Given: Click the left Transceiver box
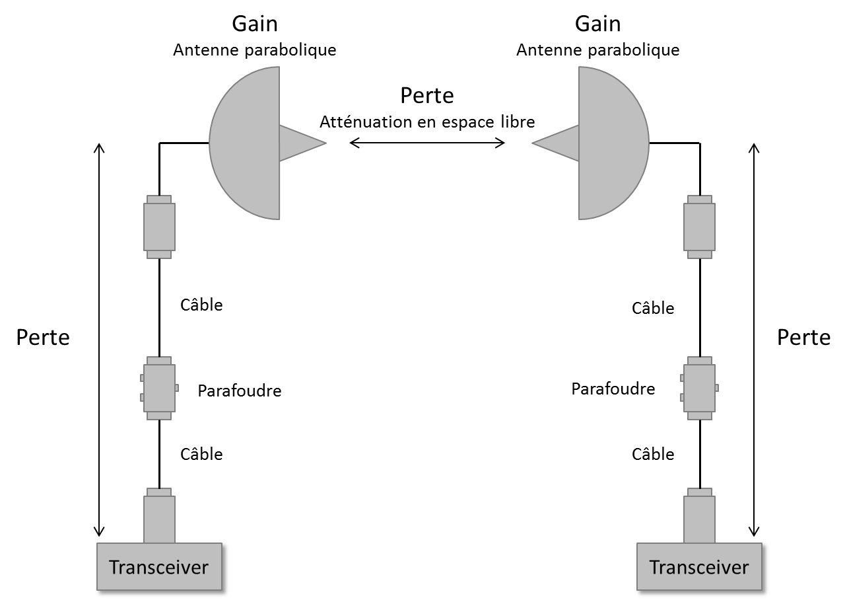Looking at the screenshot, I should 158,566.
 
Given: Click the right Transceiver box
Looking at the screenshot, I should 698,566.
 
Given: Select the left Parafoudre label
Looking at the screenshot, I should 240,391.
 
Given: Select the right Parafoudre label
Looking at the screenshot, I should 613,389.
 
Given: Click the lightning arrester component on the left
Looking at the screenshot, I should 159,388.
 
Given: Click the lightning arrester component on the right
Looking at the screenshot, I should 699,388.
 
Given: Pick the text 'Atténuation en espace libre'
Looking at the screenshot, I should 427,122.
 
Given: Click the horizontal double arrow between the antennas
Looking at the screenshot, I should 427,142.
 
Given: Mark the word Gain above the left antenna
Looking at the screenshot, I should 254,24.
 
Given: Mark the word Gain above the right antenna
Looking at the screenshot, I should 597,24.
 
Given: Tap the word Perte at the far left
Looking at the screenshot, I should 43,337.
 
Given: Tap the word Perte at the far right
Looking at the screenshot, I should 803,337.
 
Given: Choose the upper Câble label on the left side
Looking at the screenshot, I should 201,305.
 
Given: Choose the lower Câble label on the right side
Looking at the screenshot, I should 653,454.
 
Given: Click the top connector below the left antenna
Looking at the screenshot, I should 159,227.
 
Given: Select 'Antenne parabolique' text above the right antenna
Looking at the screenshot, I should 597,50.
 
